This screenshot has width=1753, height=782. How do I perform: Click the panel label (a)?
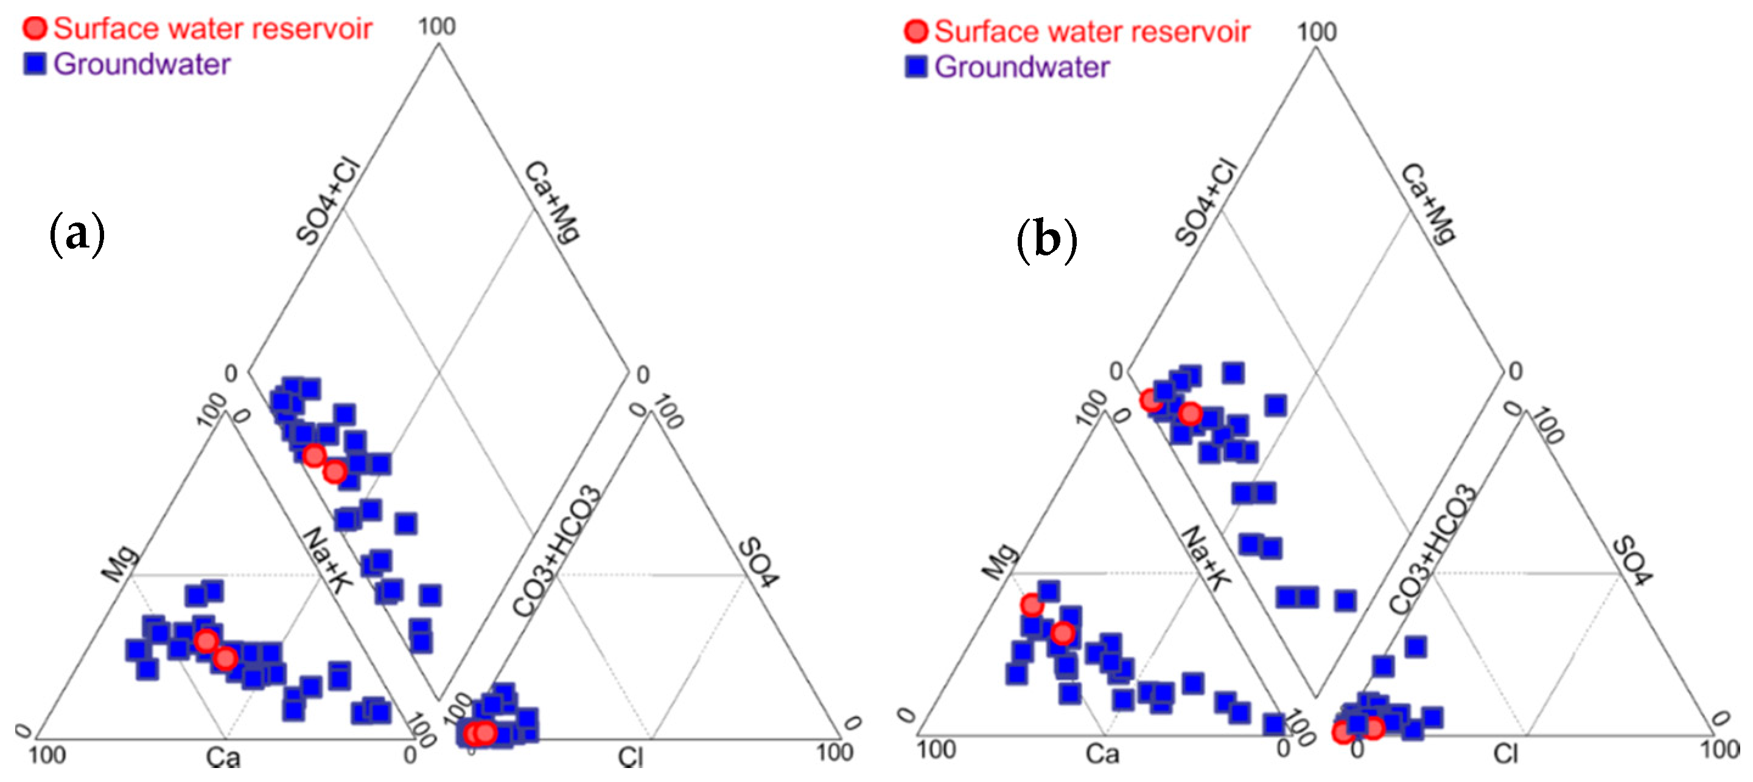tap(77, 234)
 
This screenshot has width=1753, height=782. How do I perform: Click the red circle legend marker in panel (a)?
tap(35, 28)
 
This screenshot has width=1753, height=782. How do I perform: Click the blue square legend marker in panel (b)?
tap(916, 67)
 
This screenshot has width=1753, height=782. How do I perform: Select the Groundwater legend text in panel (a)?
tap(142, 64)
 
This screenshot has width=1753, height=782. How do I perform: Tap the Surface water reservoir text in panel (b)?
tap(1091, 31)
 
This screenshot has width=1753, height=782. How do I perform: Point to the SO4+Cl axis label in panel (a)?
tap(327, 200)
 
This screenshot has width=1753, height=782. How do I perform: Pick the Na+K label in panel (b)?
tap(1206, 558)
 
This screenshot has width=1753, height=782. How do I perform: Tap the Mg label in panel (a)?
tap(121, 563)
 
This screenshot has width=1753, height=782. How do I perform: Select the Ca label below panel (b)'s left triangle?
tap(1102, 753)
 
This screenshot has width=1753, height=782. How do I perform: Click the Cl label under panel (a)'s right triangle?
tap(630, 757)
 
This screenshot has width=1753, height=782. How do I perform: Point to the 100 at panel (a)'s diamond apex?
tap(437, 27)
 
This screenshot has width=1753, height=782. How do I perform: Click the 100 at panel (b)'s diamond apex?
tap(1317, 31)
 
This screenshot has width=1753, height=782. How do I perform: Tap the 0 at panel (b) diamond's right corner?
tap(1516, 372)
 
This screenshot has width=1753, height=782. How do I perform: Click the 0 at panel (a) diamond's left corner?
tap(231, 373)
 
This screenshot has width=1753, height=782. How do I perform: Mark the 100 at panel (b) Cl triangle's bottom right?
tap(1720, 749)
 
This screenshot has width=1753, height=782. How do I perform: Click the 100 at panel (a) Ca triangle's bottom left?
tap(47, 755)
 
